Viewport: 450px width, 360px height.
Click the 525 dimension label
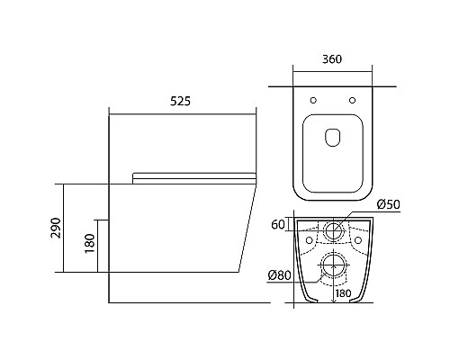point(180,102)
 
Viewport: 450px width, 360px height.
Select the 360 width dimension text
point(332,59)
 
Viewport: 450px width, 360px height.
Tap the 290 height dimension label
point(56,228)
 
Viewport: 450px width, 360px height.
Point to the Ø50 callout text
point(389,204)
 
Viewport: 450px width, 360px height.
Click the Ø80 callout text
point(279,275)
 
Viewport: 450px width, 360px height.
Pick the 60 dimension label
point(278,224)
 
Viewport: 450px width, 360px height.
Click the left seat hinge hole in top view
point(313,100)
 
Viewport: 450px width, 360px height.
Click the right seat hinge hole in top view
point(353,100)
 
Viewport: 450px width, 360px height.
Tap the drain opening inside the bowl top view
point(333,138)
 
